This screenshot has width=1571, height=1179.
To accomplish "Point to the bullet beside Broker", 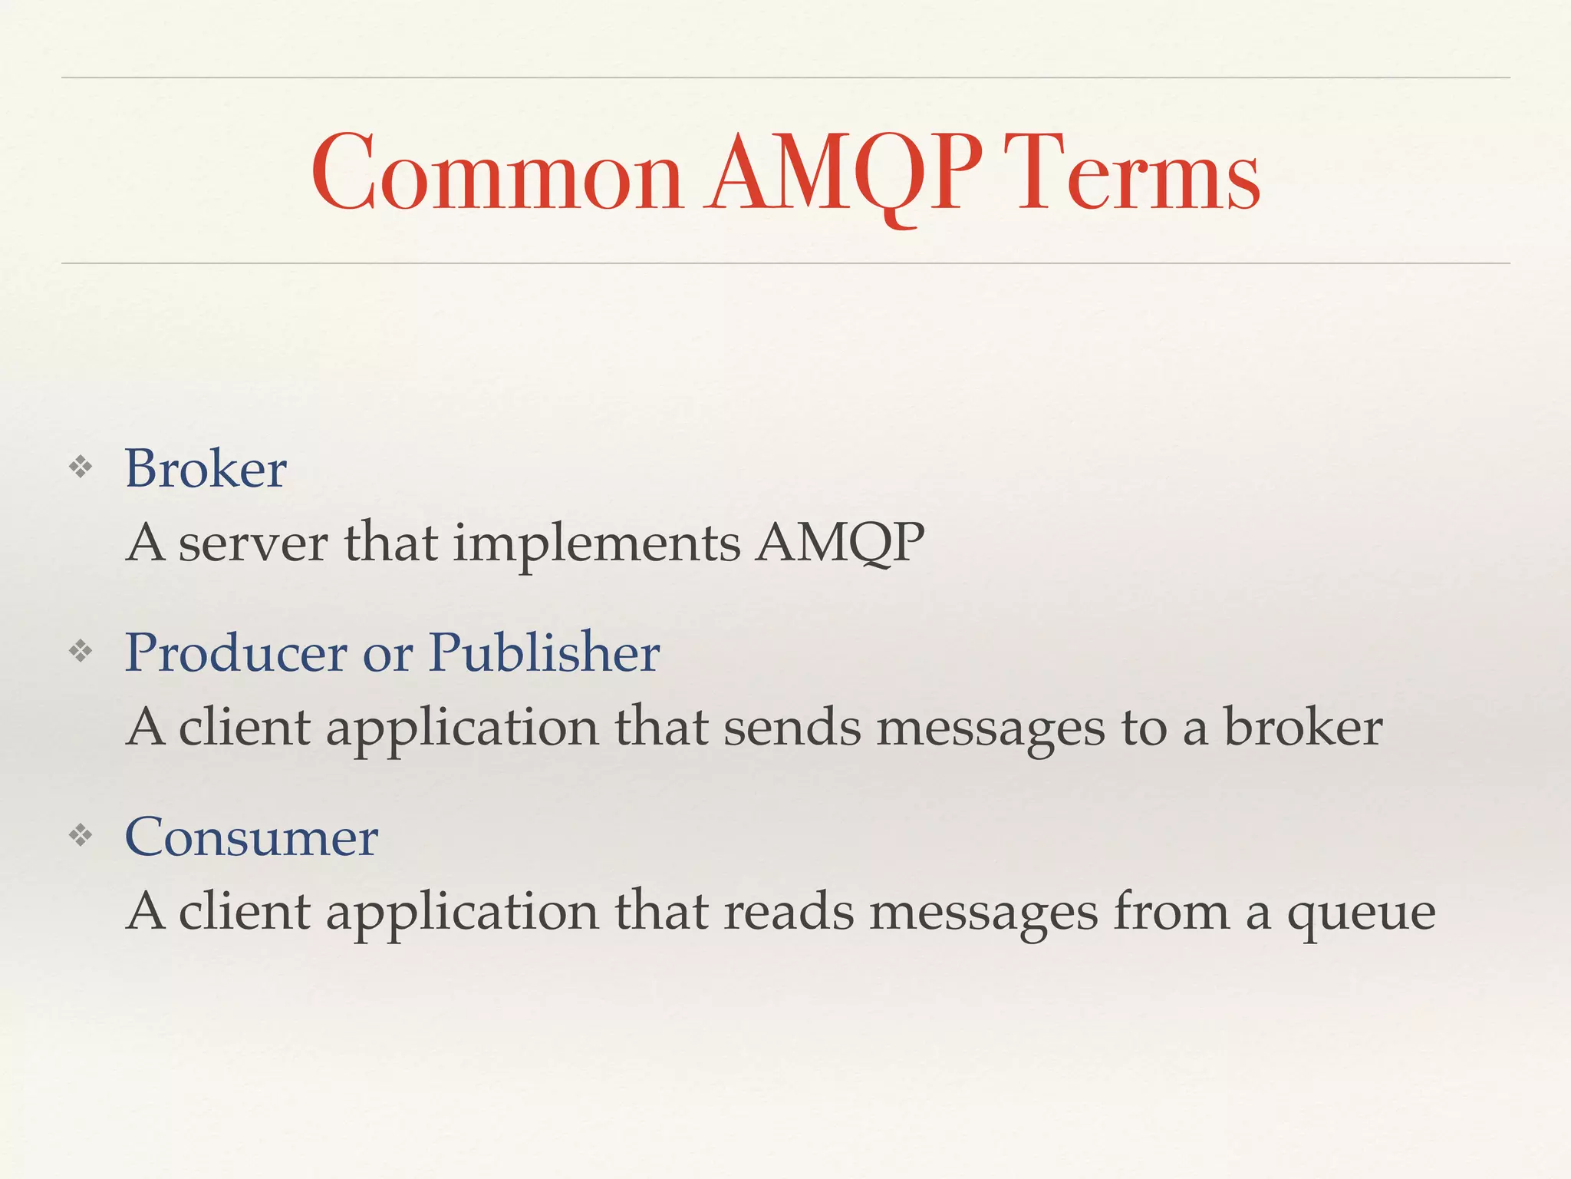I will coord(81,467).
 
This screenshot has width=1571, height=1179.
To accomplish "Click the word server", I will coord(253,543).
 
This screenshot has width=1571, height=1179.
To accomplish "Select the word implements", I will coord(597,543).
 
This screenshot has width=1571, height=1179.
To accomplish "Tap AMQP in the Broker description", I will coord(840,543).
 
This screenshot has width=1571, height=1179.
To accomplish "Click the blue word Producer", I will coord(236,652).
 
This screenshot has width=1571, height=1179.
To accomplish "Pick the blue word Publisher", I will coord(544,652).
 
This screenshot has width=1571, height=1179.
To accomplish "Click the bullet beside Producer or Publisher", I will coord(81,652).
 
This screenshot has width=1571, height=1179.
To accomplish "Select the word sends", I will coord(792,728).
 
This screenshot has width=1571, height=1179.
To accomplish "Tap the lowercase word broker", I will coord(1303,728).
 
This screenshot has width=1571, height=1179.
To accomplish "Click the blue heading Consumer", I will coord(252,837).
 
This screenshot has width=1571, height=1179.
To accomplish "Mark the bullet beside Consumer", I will coord(81,836).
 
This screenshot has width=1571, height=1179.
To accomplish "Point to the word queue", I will coord(1361,913).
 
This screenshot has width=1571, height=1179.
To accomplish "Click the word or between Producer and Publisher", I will coord(388,654).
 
